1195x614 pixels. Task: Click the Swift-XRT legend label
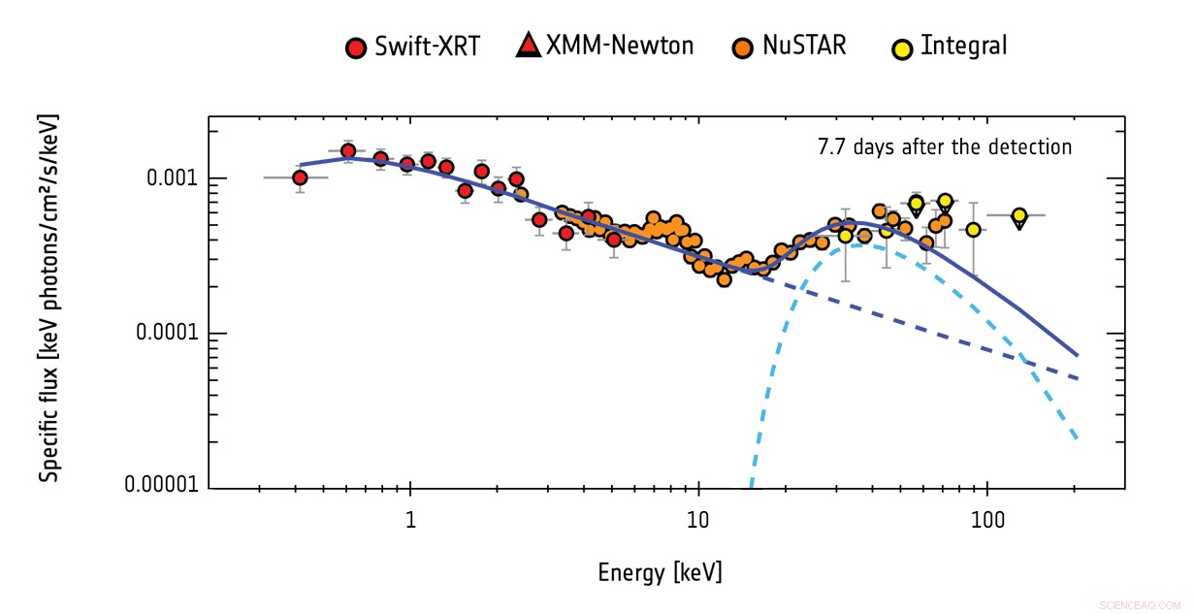[x=427, y=47]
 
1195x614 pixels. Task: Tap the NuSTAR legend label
[x=804, y=45]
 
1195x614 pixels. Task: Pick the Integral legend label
[x=963, y=45]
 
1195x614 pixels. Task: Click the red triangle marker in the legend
[x=527, y=46]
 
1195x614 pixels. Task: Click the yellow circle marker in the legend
[x=902, y=48]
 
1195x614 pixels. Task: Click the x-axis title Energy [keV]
[x=660, y=572]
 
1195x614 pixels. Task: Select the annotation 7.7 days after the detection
[x=945, y=147]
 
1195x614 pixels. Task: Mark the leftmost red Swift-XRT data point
[x=300, y=178]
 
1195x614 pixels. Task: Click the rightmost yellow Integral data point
[x=1018, y=215]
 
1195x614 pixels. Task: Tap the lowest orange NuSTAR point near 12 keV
[x=724, y=279]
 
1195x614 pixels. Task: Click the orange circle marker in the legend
[x=742, y=48]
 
